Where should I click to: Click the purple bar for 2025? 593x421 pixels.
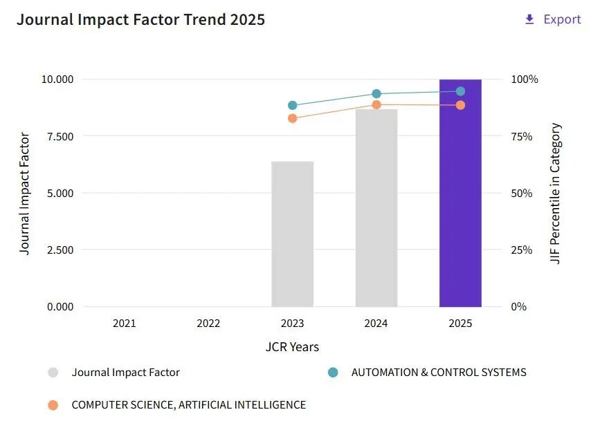coord(460,193)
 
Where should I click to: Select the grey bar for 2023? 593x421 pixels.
coord(292,234)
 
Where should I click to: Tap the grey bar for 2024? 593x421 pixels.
coord(376,208)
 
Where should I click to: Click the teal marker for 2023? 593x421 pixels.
coord(292,106)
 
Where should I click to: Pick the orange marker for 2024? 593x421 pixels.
coord(376,104)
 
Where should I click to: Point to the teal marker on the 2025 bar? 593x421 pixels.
coord(460,91)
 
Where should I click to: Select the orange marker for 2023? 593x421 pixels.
coord(292,118)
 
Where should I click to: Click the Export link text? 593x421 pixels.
coord(562,19)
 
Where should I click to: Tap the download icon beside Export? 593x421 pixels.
coord(530,19)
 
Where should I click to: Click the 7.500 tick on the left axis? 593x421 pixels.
coord(60,136)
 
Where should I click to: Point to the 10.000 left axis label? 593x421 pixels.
coord(57,79)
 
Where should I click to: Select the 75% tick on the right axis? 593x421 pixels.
coord(522,136)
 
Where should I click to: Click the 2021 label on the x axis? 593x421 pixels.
coord(125,324)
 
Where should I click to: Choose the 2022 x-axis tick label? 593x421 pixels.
coord(208,324)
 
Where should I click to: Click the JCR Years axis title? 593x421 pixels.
coord(292,347)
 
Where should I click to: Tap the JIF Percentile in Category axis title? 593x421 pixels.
coord(555,193)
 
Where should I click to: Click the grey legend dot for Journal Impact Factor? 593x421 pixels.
coord(53,373)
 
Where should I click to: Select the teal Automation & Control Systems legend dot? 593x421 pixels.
coord(333,373)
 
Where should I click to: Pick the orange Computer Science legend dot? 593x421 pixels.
coord(53,405)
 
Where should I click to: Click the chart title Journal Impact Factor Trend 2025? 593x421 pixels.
coord(140,19)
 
